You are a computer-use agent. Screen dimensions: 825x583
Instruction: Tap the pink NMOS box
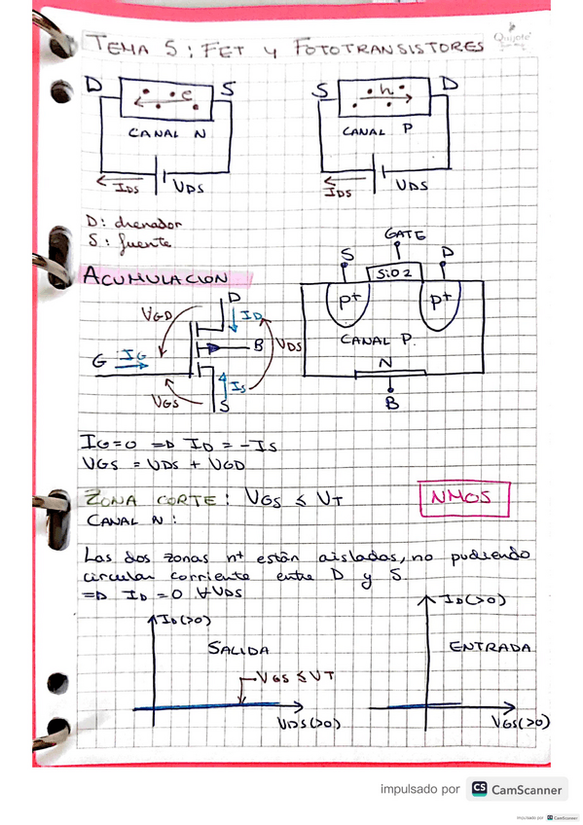click(x=463, y=500)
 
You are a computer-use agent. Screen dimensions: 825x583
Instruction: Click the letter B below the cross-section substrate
click(x=391, y=407)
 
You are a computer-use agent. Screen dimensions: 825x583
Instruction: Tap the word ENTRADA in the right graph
click(x=491, y=645)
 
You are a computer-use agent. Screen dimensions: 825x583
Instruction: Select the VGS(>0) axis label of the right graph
click(x=520, y=723)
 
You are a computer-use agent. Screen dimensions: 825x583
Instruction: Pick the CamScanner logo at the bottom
click(x=516, y=789)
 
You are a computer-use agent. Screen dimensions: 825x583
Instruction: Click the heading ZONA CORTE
click(x=144, y=500)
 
